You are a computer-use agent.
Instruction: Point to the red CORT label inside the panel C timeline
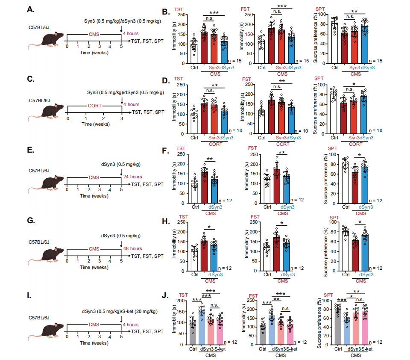tap(94, 106)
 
